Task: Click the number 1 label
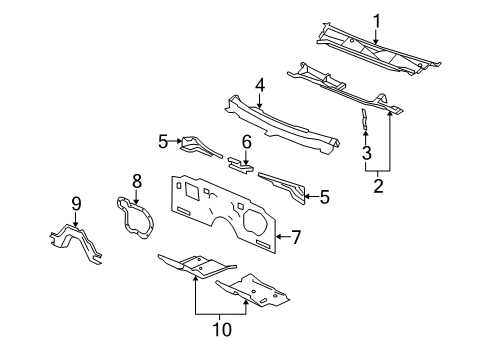click(377, 19)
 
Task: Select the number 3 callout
click(366, 153)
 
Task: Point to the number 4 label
click(259, 87)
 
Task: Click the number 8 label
click(137, 181)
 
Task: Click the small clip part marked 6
click(241, 164)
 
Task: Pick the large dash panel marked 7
click(220, 210)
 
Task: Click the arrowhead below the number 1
click(377, 37)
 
